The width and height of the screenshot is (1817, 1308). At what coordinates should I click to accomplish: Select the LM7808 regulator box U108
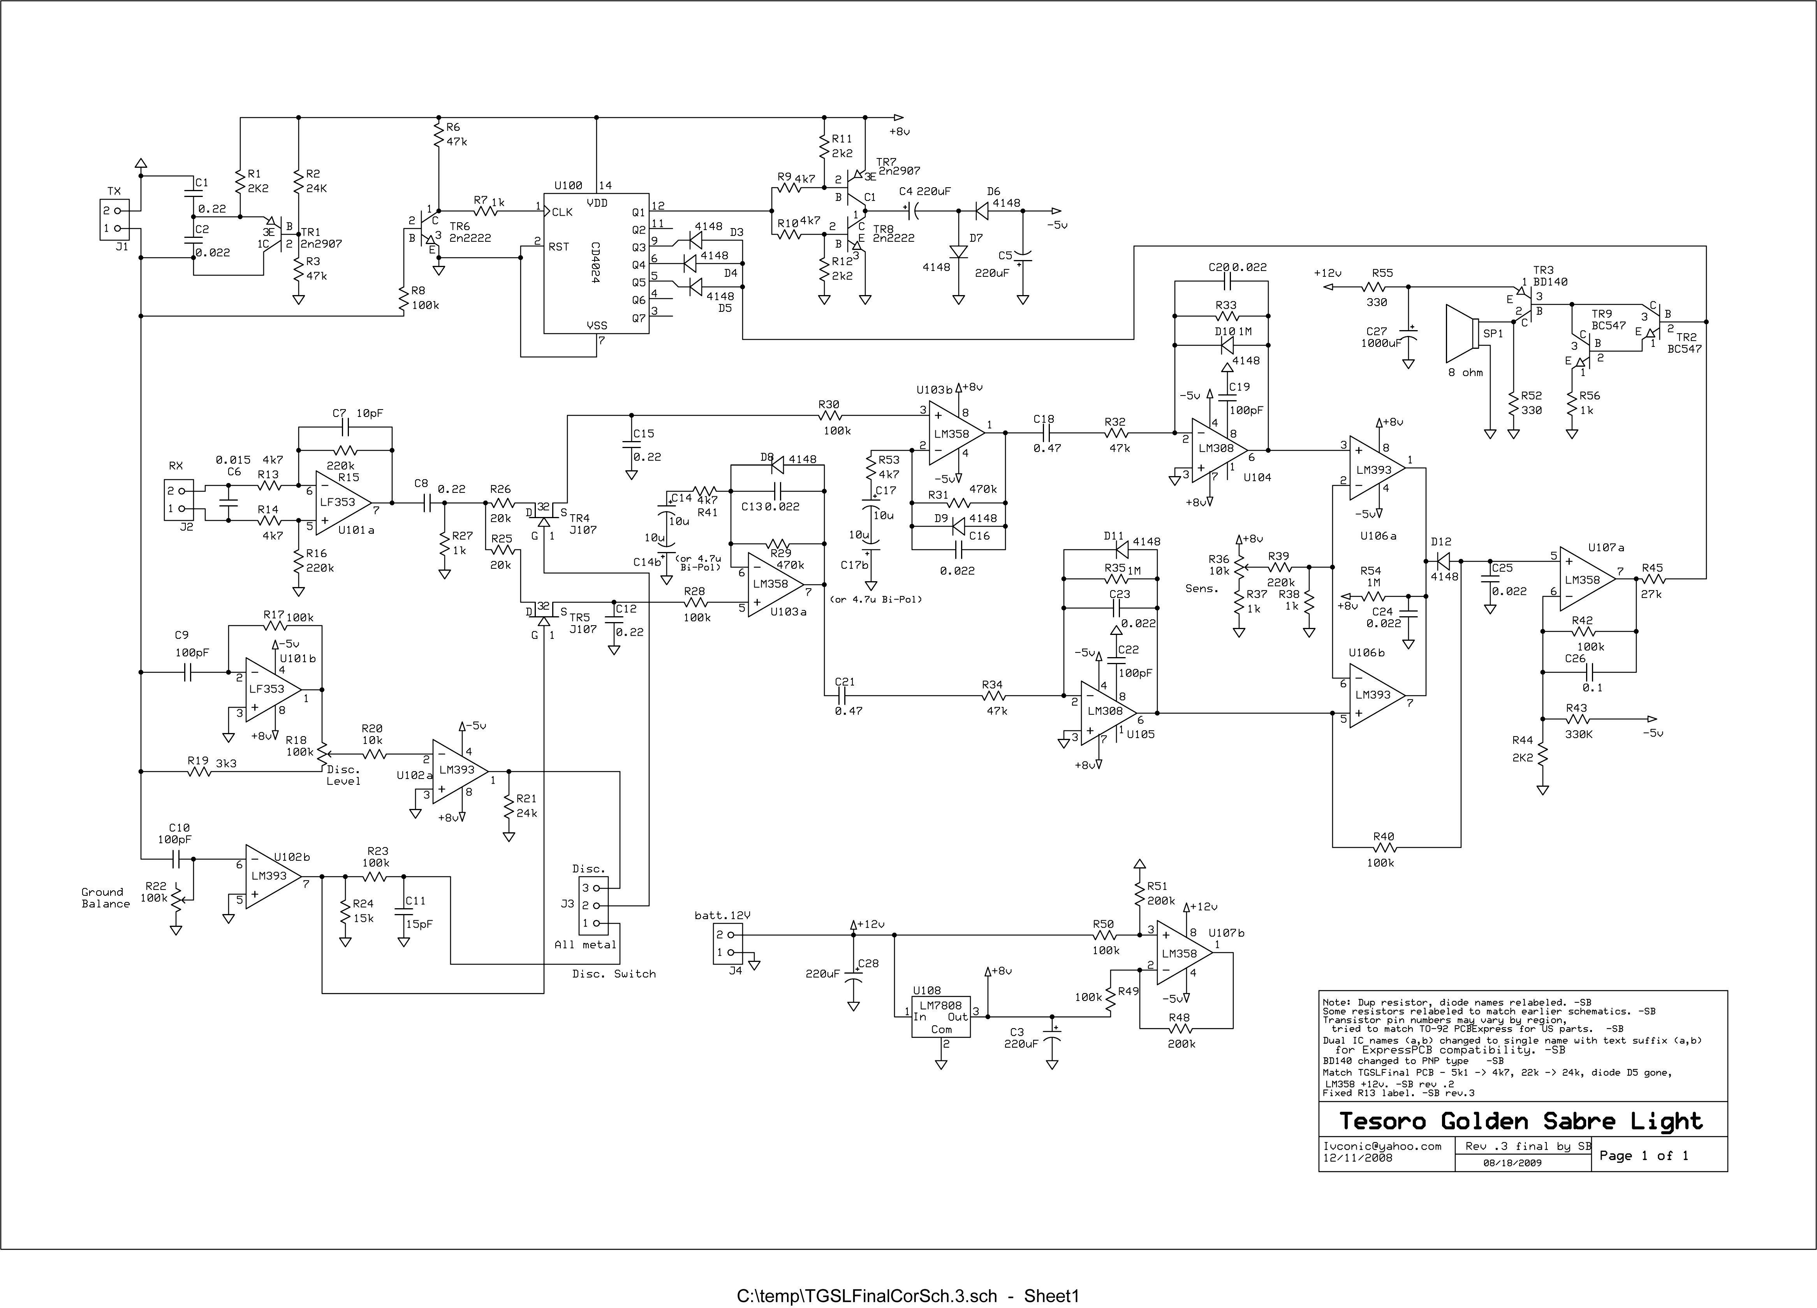940,1016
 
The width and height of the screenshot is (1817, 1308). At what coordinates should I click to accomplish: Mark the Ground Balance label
105,898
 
